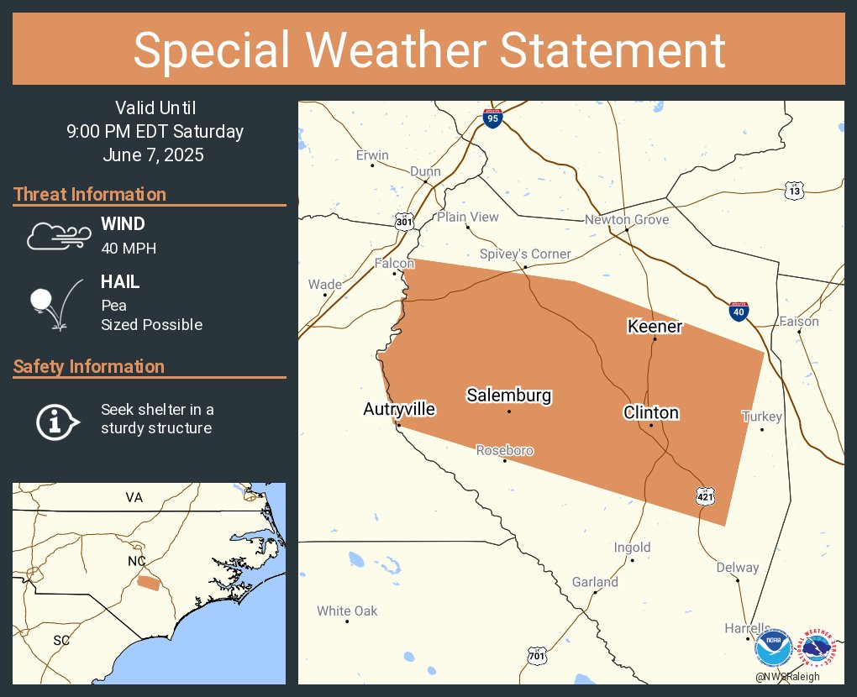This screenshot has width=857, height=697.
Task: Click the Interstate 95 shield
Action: (x=493, y=118)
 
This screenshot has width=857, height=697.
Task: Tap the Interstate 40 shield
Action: (x=739, y=312)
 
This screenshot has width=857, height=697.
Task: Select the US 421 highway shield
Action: (x=706, y=496)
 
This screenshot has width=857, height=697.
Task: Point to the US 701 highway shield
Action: (x=537, y=654)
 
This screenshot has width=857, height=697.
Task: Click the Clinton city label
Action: (x=651, y=412)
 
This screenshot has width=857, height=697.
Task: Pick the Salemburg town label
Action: (x=509, y=395)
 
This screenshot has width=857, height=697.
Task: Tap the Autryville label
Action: (x=399, y=409)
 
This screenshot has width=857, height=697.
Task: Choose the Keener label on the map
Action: (x=655, y=326)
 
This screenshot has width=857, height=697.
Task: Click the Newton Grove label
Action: (x=627, y=220)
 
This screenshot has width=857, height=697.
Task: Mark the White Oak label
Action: (x=347, y=611)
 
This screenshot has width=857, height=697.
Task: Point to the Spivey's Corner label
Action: (x=525, y=254)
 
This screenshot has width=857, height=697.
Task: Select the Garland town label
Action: (x=595, y=582)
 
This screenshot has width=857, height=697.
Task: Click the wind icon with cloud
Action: (x=56, y=237)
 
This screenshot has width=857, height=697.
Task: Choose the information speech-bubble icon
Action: (x=56, y=420)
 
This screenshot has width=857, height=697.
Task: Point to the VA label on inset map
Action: (x=134, y=498)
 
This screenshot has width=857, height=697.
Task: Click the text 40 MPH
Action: (x=129, y=248)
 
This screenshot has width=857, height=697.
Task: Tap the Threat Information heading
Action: (x=90, y=195)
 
